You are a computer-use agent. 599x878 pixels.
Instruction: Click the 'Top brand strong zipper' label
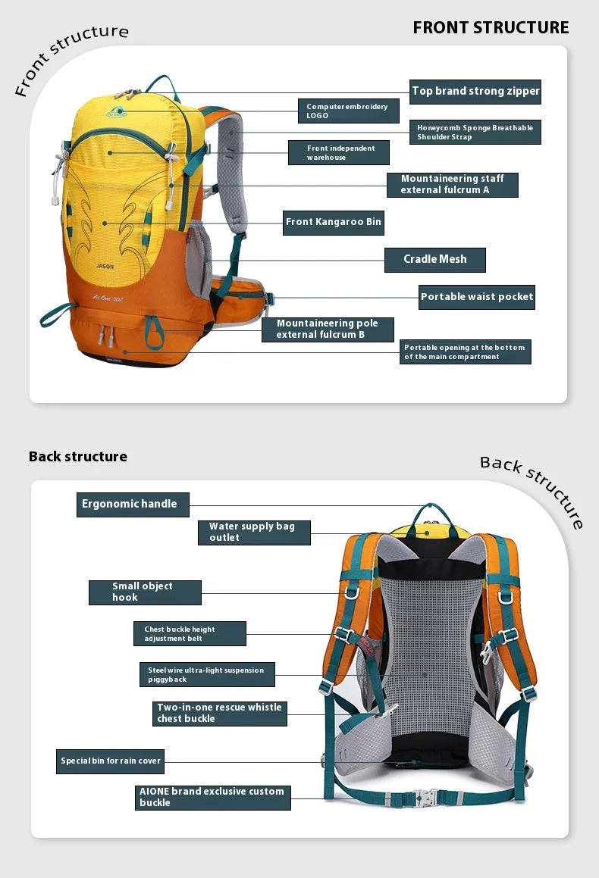click(x=475, y=92)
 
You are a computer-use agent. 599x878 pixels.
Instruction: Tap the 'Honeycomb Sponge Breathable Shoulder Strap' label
click(x=475, y=133)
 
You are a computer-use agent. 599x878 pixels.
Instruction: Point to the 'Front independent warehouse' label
click(x=338, y=152)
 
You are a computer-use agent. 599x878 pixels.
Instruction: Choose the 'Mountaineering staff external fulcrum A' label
click(x=452, y=185)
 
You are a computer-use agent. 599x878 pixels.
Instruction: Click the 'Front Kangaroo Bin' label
click(x=333, y=223)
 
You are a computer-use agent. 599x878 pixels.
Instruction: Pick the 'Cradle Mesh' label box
click(x=434, y=260)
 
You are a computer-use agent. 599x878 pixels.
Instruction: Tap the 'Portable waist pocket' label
click(x=477, y=297)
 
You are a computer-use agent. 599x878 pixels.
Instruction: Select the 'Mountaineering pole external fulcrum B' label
click(x=328, y=330)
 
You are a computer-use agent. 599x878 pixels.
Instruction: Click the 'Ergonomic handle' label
click(x=133, y=505)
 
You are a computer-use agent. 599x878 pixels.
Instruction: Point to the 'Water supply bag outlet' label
click(x=254, y=532)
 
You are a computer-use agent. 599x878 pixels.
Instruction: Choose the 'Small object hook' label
click(x=145, y=592)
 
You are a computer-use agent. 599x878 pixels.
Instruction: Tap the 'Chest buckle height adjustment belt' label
click(x=190, y=634)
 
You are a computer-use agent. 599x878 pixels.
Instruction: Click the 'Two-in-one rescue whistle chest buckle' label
click(x=220, y=714)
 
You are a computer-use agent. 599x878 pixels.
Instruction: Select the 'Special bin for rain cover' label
click(x=110, y=761)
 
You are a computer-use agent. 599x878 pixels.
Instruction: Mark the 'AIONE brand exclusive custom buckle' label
click(x=212, y=798)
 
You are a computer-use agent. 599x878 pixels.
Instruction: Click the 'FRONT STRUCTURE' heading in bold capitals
click(x=491, y=28)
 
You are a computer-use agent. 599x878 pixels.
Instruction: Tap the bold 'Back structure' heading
click(x=78, y=457)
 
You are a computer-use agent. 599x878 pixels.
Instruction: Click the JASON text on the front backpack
click(x=105, y=267)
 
